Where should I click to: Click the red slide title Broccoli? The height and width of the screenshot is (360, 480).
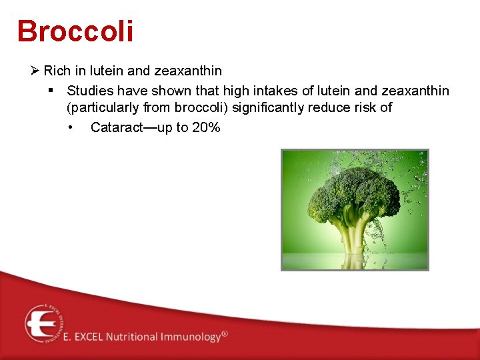[x=75, y=31]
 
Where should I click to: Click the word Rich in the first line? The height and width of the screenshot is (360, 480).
[x=56, y=71]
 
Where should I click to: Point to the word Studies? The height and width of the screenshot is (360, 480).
[x=90, y=90]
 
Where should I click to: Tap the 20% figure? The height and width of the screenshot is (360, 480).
[x=205, y=127]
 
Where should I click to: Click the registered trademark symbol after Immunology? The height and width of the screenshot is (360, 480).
[x=224, y=333]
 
